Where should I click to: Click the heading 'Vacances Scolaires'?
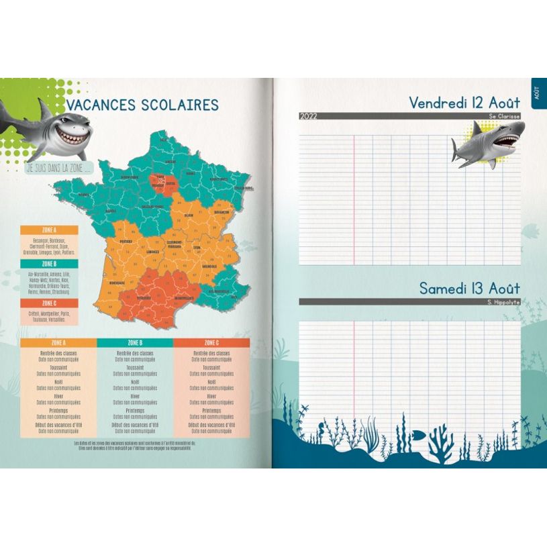(142, 105)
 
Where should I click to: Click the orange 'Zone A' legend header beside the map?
(49, 230)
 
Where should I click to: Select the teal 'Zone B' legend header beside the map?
(49, 264)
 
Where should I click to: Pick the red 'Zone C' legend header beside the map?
(49, 303)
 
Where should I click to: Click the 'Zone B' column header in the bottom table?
(135, 342)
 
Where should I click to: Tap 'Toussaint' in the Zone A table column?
(59, 368)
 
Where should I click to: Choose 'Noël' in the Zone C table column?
(211, 382)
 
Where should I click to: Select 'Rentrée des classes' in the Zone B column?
(135, 353)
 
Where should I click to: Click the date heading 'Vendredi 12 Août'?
(464, 103)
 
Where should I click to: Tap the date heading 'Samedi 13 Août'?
(469, 289)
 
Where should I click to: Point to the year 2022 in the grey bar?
(309, 116)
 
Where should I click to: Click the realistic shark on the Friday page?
(487, 144)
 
